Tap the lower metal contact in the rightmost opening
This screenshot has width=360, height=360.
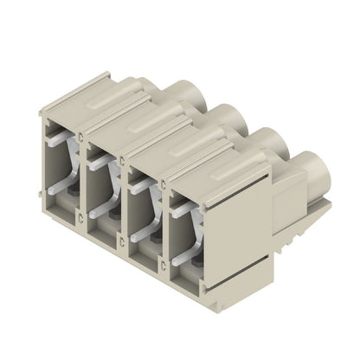(x=185, y=251)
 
